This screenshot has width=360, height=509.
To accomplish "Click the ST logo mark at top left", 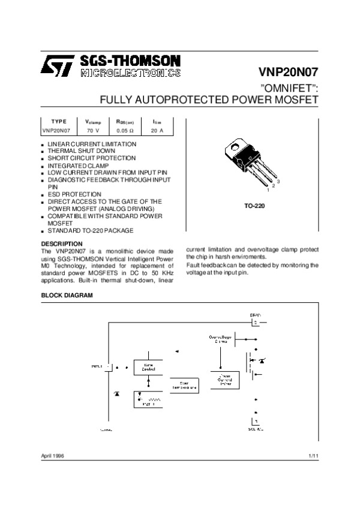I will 57,65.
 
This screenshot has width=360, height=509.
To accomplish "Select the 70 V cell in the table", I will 93,129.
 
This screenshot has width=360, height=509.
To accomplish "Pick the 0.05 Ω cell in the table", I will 125,129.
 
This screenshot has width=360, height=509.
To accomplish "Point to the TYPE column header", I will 59,121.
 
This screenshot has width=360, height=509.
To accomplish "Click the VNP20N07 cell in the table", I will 57,129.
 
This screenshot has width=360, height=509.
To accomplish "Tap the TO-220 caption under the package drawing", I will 254,206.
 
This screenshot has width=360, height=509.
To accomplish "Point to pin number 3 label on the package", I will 279,180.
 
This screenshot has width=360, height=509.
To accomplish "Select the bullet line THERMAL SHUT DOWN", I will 77,151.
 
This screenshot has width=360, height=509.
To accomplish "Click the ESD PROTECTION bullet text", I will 74,194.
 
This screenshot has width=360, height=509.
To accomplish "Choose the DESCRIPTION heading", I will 61,243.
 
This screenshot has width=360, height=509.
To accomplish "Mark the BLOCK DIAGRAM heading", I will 67,296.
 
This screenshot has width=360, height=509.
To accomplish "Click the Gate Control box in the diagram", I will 148,366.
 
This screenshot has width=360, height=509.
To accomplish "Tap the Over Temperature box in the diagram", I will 182,385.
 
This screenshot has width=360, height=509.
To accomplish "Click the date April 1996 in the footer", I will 52,456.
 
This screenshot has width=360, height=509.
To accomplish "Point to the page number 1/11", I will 313,456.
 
